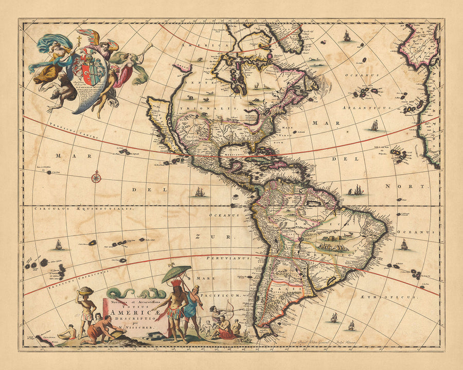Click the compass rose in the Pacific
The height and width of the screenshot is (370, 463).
coord(96,178)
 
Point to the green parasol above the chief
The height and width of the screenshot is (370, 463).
coord(176,273)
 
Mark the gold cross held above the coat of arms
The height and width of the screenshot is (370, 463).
coord(79,40)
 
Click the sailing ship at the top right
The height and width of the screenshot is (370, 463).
coord(347,36)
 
